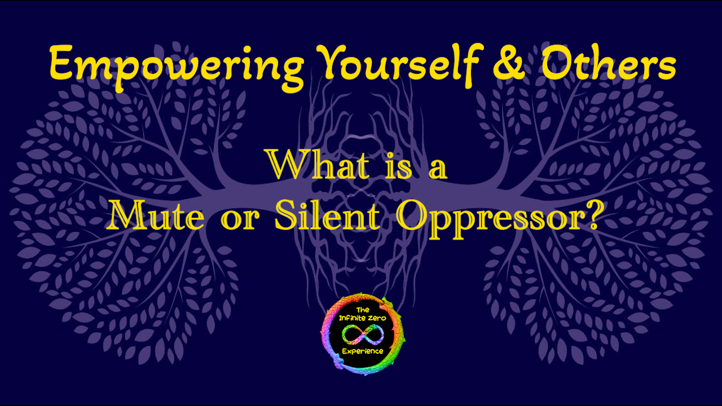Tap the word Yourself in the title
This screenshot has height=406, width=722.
point(400,64)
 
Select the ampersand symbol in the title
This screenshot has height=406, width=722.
point(509,63)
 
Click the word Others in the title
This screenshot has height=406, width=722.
point(609,63)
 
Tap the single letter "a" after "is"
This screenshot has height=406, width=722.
point(438,170)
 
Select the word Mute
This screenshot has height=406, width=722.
point(156,215)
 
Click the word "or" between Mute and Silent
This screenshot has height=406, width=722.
point(240,220)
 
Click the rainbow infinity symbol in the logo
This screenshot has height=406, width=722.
point(363,335)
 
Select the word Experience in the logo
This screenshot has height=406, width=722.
point(363,351)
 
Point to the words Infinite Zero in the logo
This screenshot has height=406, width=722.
point(363,319)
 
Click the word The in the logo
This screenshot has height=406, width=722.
point(363,310)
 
